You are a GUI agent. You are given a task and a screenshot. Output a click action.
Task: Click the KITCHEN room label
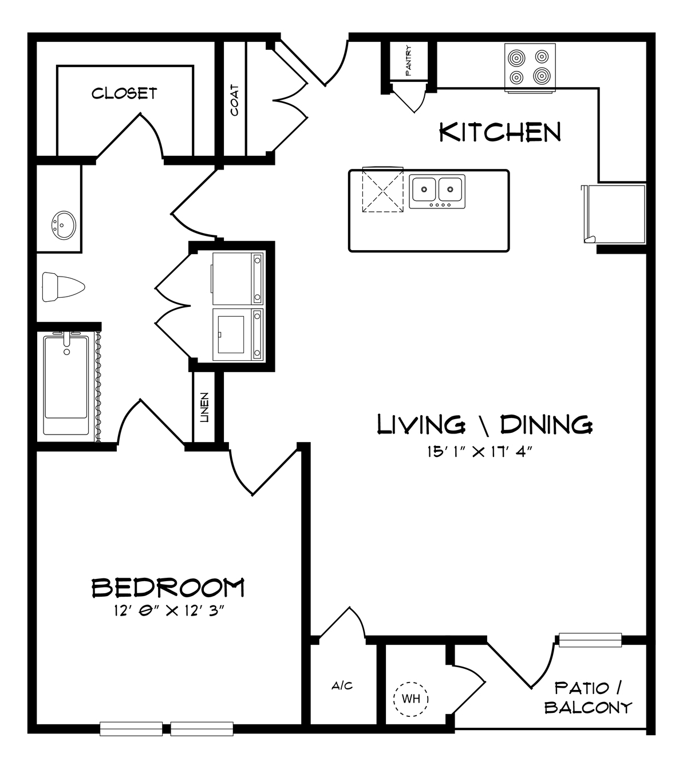[x=500, y=132]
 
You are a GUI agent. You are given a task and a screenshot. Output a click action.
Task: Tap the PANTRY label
[x=408, y=61]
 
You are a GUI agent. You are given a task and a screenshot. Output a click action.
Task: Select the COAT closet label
[x=235, y=100]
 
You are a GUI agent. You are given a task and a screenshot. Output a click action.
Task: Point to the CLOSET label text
[x=124, y=93]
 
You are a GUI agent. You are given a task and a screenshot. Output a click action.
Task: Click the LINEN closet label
[x=204, y=408]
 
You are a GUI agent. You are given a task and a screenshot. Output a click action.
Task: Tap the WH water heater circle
[x=411, y=699]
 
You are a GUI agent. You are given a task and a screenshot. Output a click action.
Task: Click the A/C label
[x=342, y=685]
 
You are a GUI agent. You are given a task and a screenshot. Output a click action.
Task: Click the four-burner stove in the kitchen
[x=530, y=68]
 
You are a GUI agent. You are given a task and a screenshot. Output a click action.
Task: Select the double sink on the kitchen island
[x=437, y=191]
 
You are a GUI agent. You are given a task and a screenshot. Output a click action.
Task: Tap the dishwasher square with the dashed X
[x=382, y=190]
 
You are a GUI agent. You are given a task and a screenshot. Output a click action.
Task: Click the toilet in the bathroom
[x=63, y=287]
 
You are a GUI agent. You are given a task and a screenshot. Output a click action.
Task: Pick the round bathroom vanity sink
[x=64, y=226]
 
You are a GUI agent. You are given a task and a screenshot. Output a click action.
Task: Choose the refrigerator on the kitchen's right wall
[x=614, y=214]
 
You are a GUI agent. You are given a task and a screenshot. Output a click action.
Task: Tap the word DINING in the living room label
[x=546, y=425]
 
